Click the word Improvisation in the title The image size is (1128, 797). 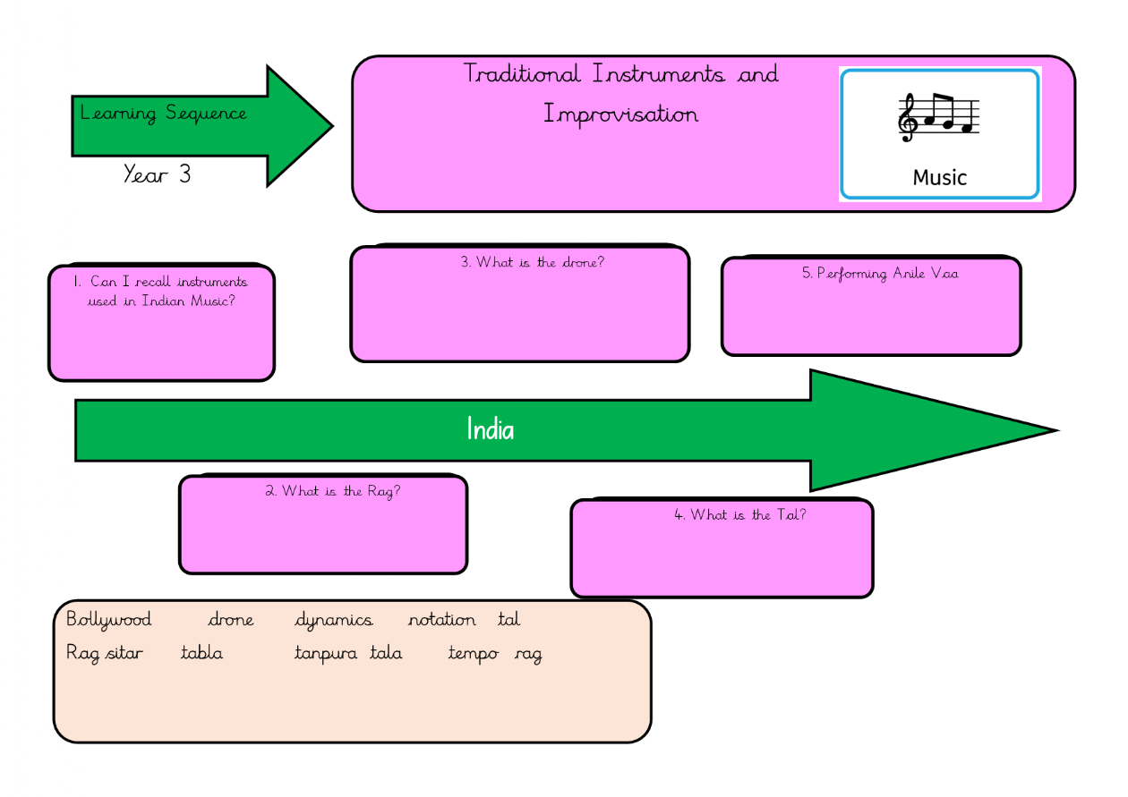[621, 114]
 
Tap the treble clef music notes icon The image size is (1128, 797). [939, 117]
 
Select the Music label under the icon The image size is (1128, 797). [940, 177]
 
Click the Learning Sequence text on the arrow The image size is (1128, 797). [163, 114]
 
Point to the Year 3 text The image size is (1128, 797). [157, 174]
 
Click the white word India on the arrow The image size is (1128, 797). [491, 430]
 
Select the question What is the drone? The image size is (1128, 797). [533, 262]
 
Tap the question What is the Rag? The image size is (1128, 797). [332, 491]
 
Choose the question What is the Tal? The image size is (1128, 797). [739, 514]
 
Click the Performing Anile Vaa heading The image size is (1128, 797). [879, 274]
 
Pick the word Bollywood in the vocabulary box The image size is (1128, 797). [109, 619]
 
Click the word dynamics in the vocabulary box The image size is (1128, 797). [334, 619]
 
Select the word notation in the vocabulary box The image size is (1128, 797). [442, 619]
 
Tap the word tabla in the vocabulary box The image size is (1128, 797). [201, 653]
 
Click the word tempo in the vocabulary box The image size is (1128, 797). [474, 654]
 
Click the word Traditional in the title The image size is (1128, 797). [522, 73]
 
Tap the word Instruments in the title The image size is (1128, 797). [659, 73]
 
